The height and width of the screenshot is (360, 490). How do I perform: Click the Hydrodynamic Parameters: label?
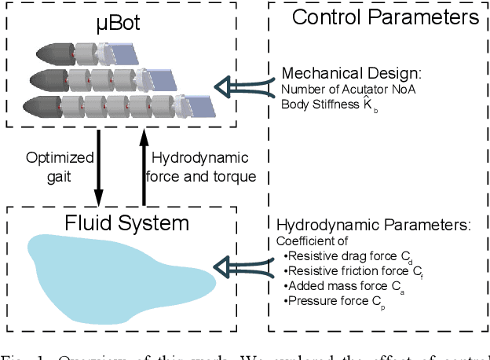tap(374, 224)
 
